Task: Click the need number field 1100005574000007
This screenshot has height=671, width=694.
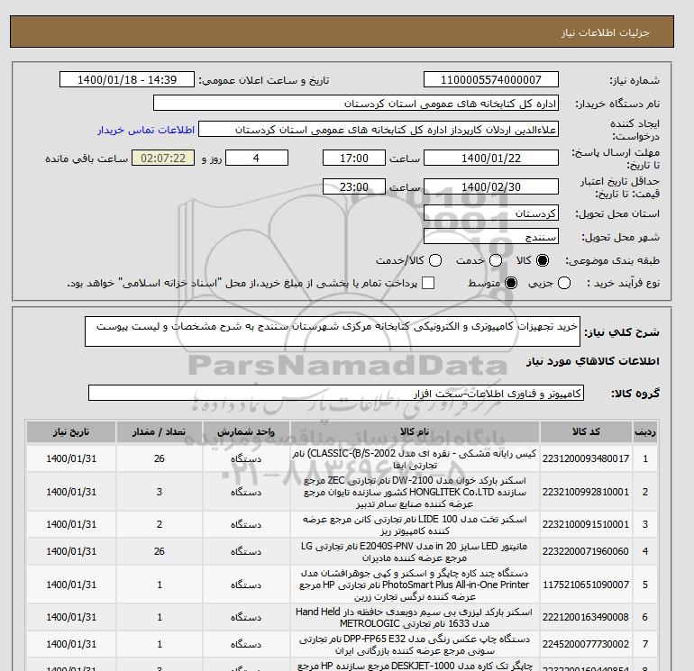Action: (x=490, y=80)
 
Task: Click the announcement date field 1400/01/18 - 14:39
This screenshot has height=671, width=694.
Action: (x=126, y=80)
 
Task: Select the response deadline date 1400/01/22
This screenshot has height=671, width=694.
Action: (x=490, y=159)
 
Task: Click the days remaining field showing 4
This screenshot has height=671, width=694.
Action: (x=257, y=159)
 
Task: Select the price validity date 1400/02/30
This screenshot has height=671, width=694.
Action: (x=490, y=187)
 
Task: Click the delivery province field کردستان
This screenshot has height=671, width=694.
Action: (x=490, y=214)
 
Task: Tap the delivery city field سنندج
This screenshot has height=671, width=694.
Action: (x=490, y=237)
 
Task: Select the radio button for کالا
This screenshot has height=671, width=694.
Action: (x=543, y=260)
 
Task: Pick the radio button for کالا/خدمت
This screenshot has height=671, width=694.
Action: (x=436, y=260)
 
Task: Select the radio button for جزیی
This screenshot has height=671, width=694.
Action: (x=565, y=283)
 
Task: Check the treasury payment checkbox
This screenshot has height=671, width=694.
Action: (x=428, y=283)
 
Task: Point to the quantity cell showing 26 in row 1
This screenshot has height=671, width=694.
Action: (x=160, y=459)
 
